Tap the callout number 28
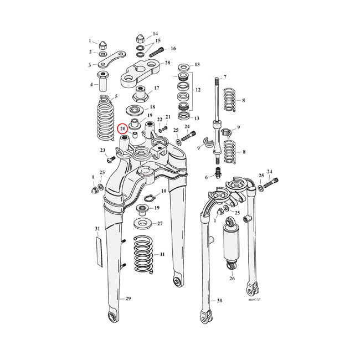tap(167, 64)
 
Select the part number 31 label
tap(97, 229)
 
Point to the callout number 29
tap(128, 299)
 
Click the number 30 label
tap(220, 301)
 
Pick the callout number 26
tap(232, 279)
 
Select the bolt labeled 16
tap(156, 50)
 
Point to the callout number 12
tap(197, 89)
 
